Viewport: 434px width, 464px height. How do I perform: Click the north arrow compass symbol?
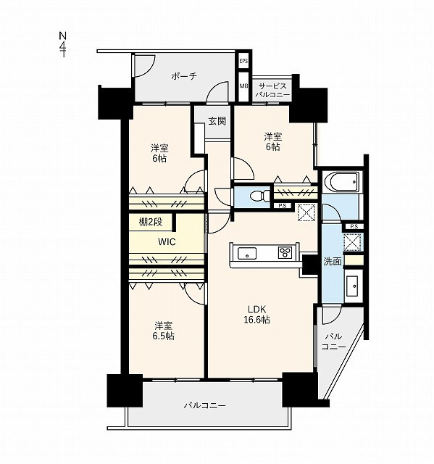click(63, 44)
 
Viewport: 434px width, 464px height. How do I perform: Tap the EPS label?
click(243, 61)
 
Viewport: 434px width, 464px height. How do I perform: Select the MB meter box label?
click(243, 86)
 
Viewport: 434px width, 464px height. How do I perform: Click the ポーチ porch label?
click(184, 76)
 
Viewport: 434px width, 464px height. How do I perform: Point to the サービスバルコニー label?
click(272, 91)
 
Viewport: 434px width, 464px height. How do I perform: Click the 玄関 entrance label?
click(217, 121)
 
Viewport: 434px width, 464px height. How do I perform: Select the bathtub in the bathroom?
click(341, 182)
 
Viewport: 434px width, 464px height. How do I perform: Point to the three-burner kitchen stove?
click(285, 253)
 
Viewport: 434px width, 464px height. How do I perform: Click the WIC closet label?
click(167, 241)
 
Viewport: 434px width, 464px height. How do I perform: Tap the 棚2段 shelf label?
click(151, 222)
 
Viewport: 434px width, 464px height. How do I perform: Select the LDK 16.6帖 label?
click(256, 314)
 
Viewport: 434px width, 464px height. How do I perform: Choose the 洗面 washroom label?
click(333, 261)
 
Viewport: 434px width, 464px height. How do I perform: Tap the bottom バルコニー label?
click(204, 405)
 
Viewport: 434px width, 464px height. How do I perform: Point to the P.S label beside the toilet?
click(283, 206)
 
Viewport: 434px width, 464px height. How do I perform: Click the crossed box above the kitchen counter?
click(306, 212)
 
